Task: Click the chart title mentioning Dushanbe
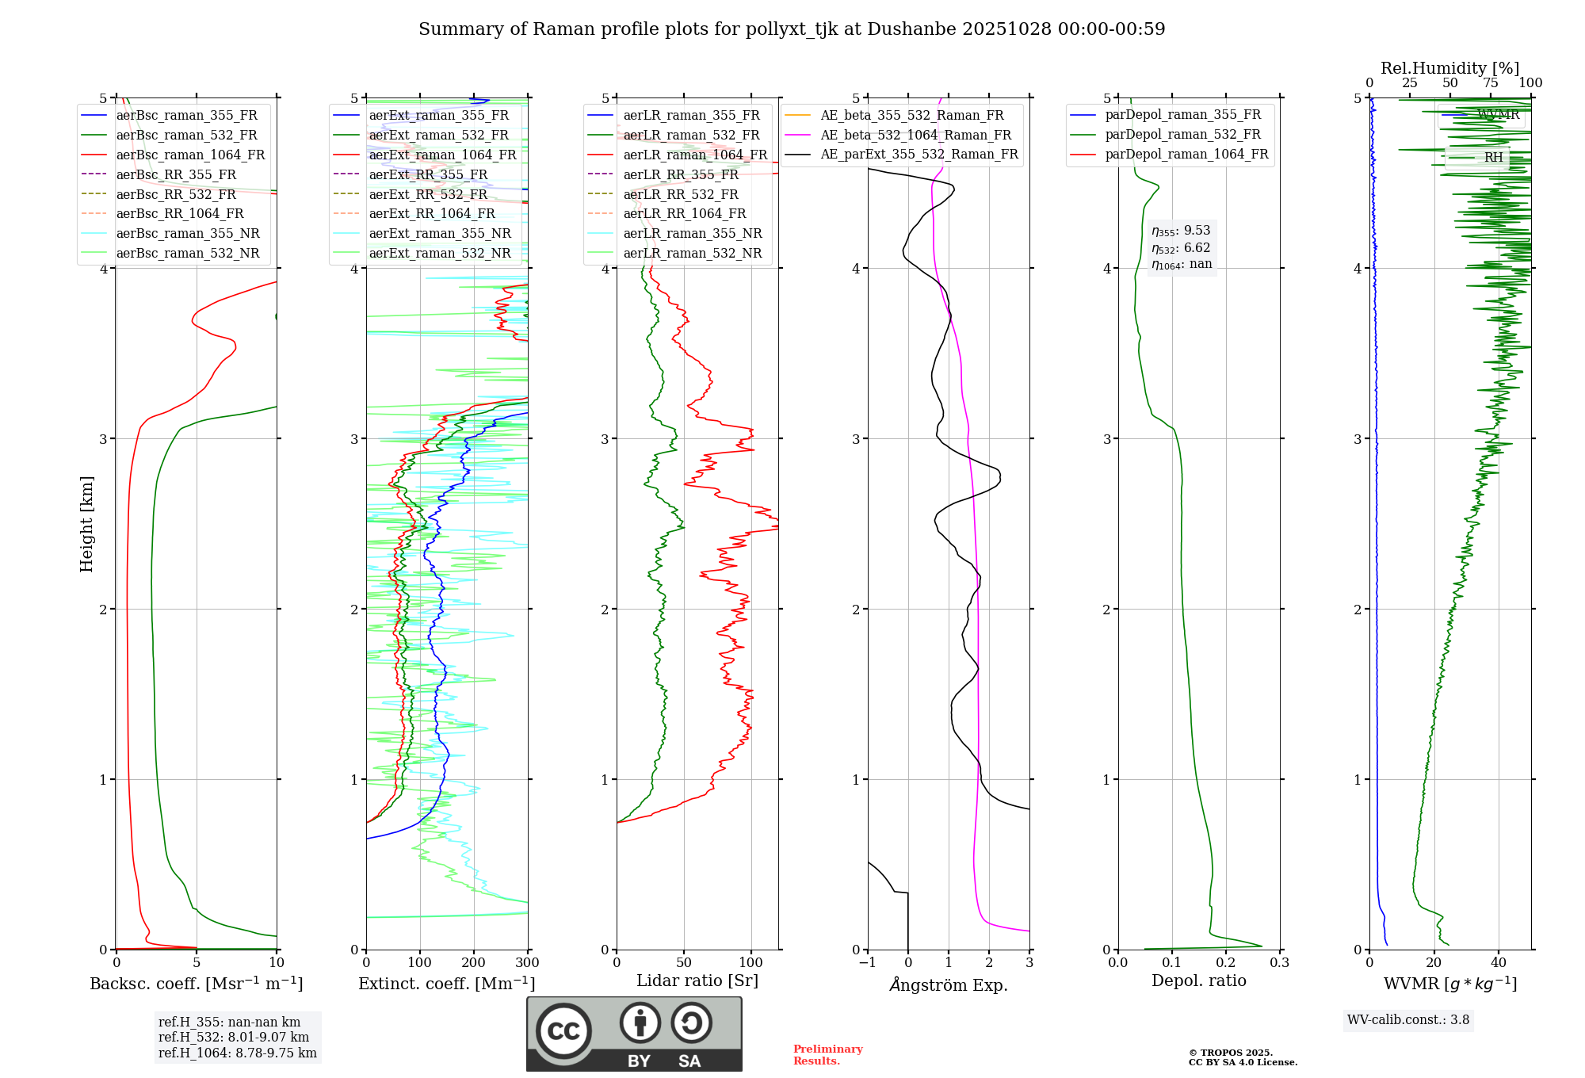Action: coord(792,29)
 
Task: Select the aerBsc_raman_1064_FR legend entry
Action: coord(190,155)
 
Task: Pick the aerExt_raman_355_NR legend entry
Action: coord(440,233)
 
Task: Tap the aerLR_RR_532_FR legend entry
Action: coord(680,194)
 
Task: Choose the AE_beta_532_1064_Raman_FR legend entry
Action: coord(915,135)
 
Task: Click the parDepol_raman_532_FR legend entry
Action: coord(1182,135)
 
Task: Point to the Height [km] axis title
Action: coord(86,524)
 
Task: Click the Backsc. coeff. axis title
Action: coord(196,984)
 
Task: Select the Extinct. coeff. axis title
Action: coord(447,984)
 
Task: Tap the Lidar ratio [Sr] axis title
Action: coord(697,981)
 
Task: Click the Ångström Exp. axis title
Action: coord(949,985)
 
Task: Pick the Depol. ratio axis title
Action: coord(1199,981)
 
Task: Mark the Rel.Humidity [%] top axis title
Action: coord(1449,68)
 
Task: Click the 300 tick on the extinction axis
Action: coord(528,963)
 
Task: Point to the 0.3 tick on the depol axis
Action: coord(1280,963)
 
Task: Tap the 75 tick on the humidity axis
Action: coord(1491,83)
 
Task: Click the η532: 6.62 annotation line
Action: coord(1181,248)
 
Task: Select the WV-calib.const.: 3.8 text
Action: coord(1408,1020)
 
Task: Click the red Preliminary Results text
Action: coord(827,1055)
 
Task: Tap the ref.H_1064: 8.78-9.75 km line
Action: coord(238,1053)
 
